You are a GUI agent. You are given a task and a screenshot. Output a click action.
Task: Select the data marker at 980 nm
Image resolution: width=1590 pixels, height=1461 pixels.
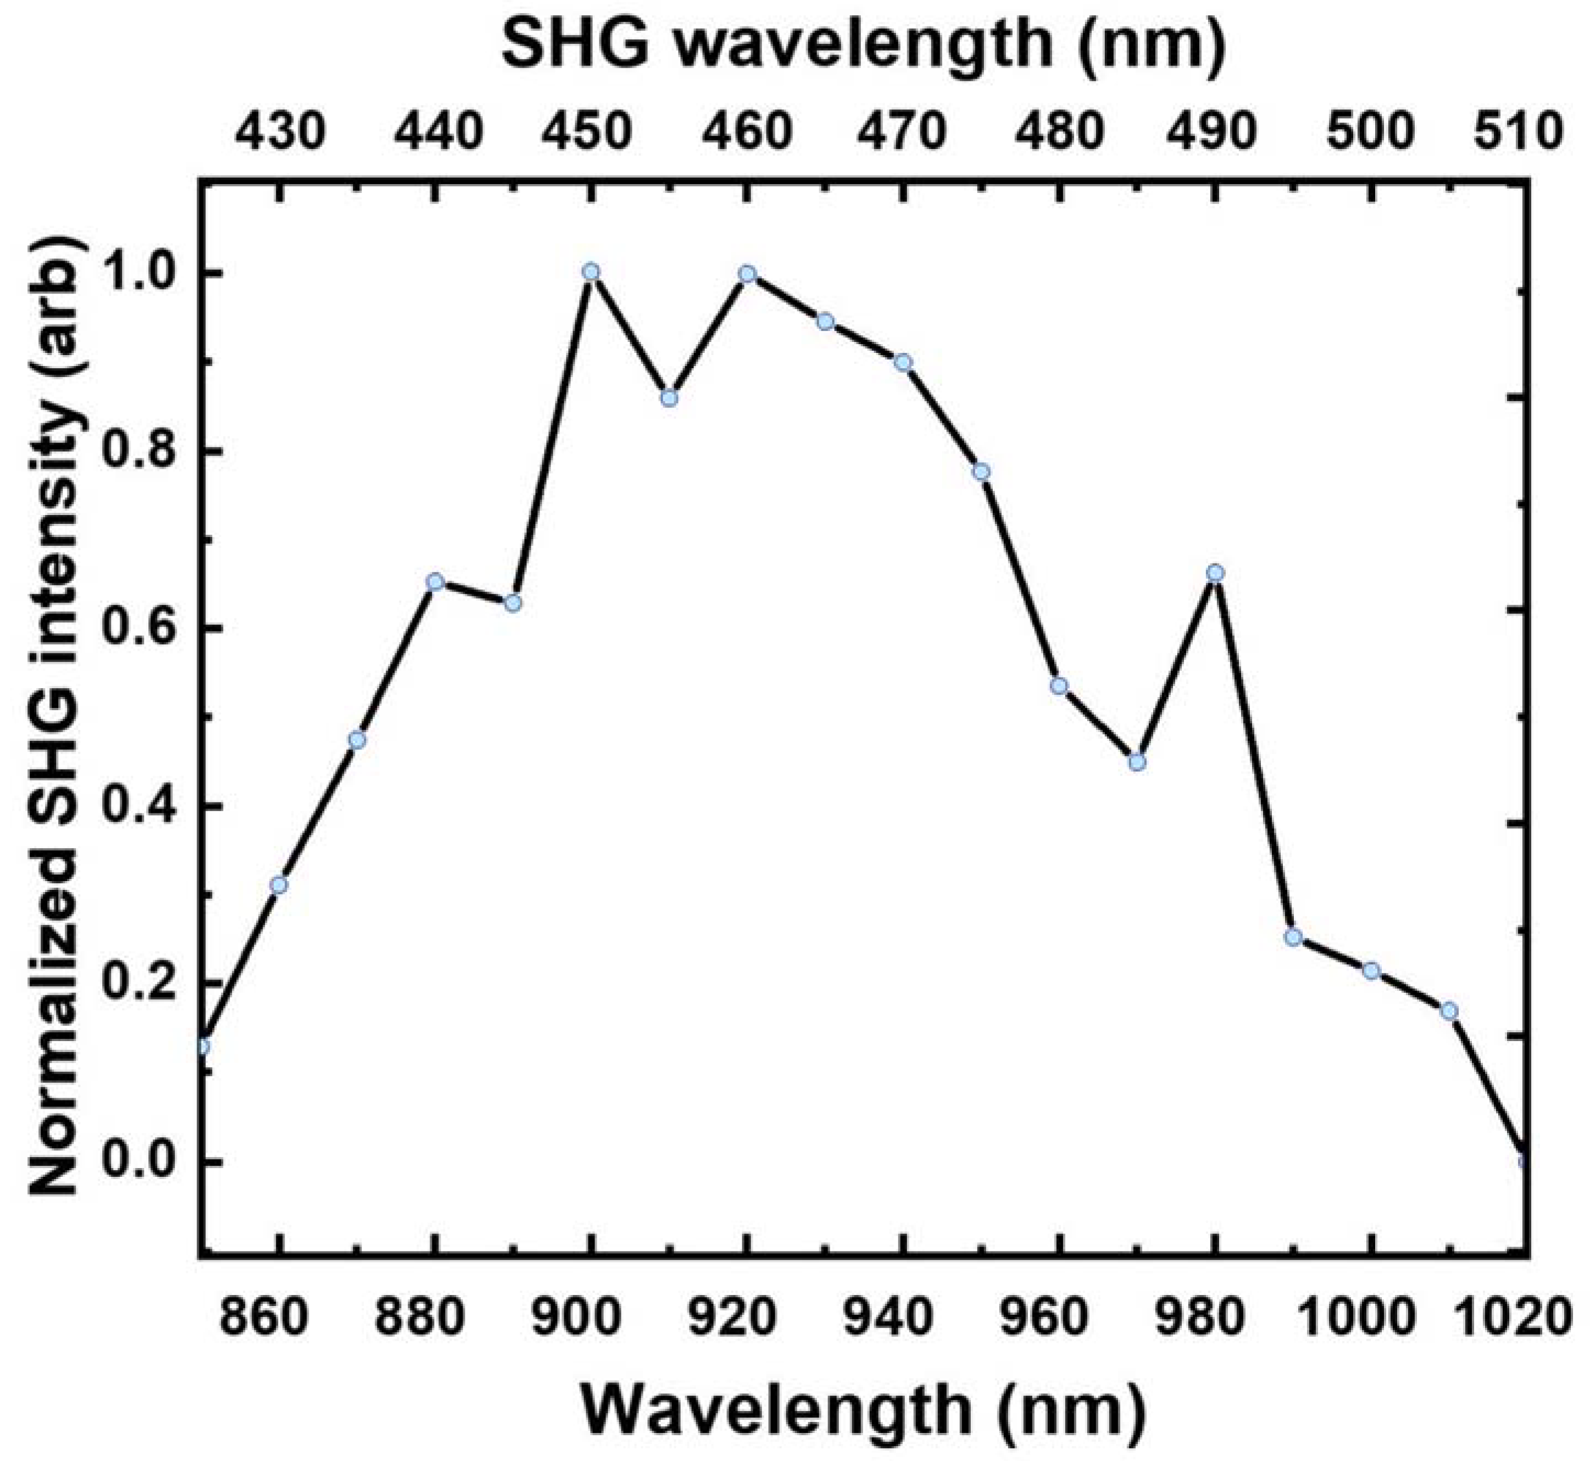click(x=1215, y=572)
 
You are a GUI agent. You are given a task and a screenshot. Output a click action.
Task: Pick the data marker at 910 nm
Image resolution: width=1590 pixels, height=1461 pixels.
click(x=669, y=397)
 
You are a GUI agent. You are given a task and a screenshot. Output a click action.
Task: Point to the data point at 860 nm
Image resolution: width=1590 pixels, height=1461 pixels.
click(x=278, y=884)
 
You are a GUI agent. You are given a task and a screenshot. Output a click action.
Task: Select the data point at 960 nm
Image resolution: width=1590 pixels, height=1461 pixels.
click(x=1059, y=685)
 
